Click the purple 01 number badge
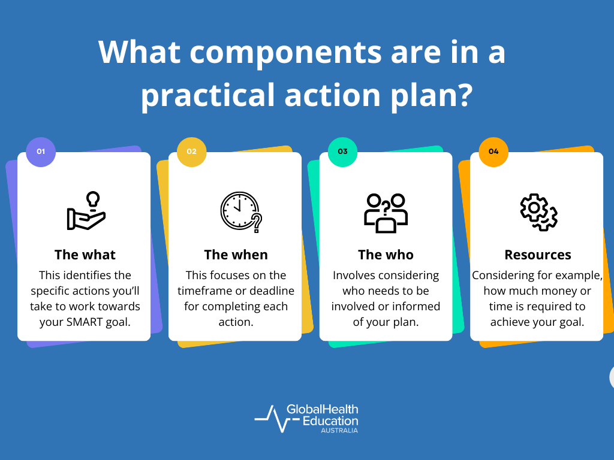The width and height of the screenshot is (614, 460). point(41,152)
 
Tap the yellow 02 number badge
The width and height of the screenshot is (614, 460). point(192,152)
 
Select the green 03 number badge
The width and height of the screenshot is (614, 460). point(343,152)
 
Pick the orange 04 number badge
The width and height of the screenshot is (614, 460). point(493,152)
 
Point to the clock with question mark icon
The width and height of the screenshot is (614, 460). point(240,211)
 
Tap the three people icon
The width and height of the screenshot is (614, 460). point(386,213)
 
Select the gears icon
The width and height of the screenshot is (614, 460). point(538,213)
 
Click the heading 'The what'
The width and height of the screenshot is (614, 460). point(85,255)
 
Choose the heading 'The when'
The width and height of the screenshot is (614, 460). point(236,255)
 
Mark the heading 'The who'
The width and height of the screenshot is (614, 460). point(386,255)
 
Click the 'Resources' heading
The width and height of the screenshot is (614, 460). point(538,255)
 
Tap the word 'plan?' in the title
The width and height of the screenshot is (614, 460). point(432,95)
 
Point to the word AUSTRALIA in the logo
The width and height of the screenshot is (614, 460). point(339,430)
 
